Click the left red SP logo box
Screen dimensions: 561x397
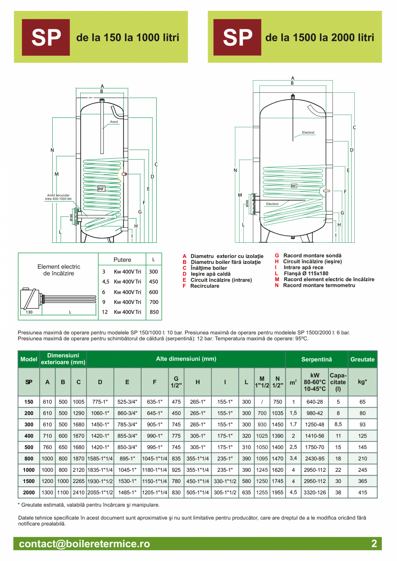(46, 38)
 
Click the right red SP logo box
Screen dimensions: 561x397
(237, 38)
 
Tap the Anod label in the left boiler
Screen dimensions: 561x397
(113, 122)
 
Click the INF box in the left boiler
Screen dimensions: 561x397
(101, 189)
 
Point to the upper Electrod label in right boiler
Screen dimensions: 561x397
(308, 132)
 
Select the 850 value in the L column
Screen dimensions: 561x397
(154, 312)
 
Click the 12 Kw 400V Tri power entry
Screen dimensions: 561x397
(122, 312)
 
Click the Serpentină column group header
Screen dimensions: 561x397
(316, 359)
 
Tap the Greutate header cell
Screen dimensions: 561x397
(362, 359)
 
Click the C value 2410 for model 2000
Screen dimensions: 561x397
(78, 492)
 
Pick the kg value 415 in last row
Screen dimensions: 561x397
(362, 492)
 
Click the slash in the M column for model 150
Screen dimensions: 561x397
(262, 402)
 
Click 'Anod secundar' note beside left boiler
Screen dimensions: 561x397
(59, 197)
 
